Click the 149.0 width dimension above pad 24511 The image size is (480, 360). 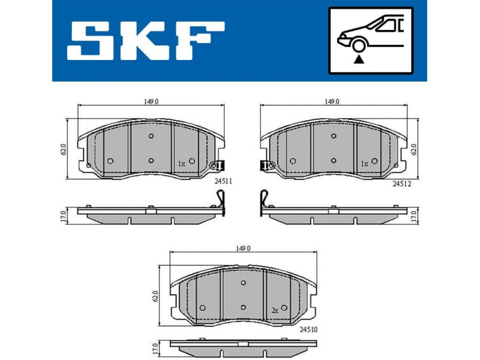(x=151, y=102)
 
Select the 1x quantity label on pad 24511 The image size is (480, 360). (x=182, y=163)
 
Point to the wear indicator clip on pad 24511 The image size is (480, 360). (x=217, y=165)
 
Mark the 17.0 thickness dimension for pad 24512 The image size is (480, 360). (x=413, y=215)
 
